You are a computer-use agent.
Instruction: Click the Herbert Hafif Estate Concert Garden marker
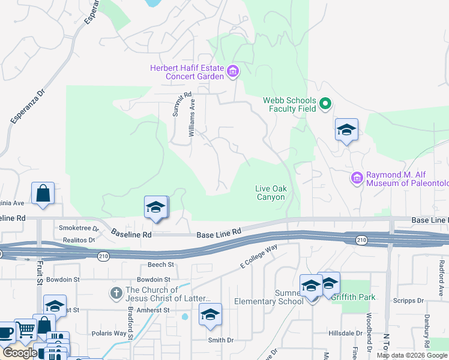234,73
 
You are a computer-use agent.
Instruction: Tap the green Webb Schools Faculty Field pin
325,104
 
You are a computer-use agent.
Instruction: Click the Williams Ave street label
192,118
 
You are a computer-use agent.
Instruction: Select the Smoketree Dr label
79,228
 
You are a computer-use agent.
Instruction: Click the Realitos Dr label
79,240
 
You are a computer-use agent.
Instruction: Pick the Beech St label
161,264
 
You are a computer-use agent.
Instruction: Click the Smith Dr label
220,340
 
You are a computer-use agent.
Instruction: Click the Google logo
20,353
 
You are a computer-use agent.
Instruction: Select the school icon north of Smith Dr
210,314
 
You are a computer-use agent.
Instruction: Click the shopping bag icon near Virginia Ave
43,194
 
